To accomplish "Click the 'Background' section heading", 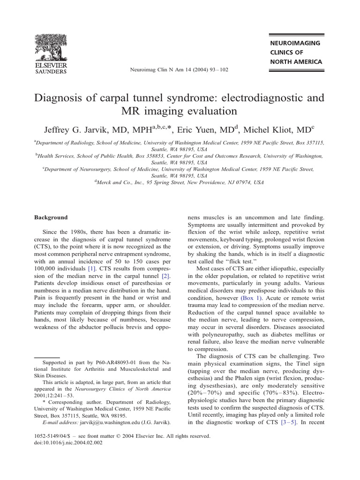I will click(x=51, y=217).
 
